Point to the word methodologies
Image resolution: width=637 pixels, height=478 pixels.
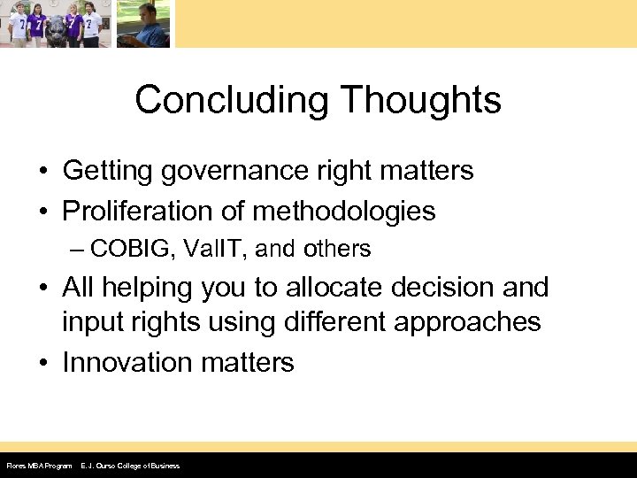coord(344,211)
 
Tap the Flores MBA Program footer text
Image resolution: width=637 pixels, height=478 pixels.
coord(38,466)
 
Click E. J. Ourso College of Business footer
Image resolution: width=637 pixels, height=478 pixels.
coord(129,466)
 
